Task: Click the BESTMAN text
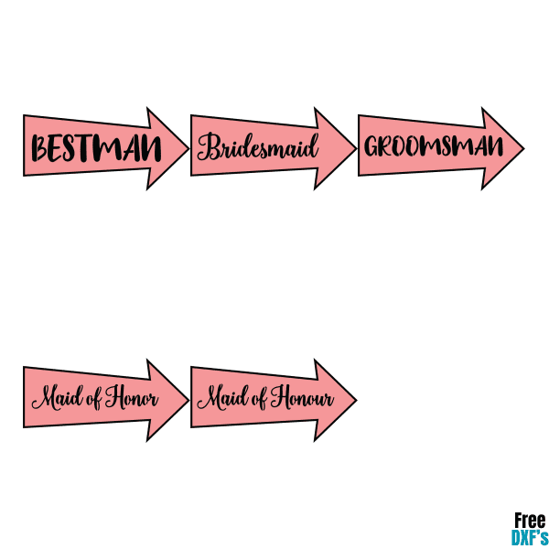click(x=96, y=147)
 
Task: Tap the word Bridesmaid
click(x=258, y=146)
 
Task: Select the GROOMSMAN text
click(x=434, y=146)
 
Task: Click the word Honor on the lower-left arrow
click(x=132, y=397)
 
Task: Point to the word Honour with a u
click(x=302, y=397)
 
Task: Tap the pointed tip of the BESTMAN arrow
click(x=188, y=148)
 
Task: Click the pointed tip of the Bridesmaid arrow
click(x=356, y=148)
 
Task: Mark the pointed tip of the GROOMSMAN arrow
click(x=523, y=148)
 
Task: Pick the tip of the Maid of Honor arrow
click(x=188, y=400)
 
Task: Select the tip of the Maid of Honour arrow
click(x=356, y=400)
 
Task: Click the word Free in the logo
click(x=530, y=521)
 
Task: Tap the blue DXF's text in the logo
click(x=530, y=537)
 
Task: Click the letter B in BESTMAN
click(x=39, y=148)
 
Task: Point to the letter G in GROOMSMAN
click(x=371, y=146)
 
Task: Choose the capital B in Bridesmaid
click(x=208, y=146)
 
